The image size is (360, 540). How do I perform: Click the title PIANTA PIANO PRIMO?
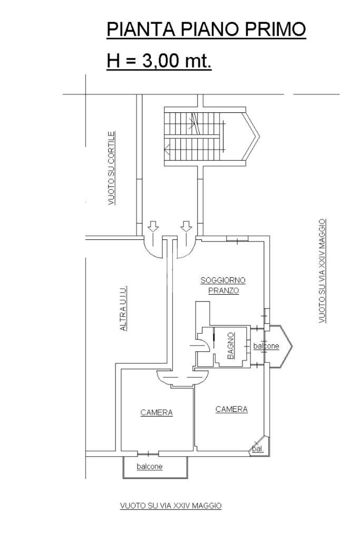(206, 30)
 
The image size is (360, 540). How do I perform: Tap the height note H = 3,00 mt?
(159, 61)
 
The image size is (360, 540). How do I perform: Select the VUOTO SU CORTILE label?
(112, 168)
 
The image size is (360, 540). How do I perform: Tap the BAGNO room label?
(230, 347)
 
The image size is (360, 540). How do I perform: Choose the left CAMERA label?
(157, 412)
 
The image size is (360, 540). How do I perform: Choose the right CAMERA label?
(231, 409)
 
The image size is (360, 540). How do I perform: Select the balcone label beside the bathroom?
(266, 346)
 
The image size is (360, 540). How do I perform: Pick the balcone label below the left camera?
(150, 466)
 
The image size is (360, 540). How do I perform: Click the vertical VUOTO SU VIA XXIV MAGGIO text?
(322, 271)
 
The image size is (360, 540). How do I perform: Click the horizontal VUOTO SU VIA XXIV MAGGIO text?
(171, 506)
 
